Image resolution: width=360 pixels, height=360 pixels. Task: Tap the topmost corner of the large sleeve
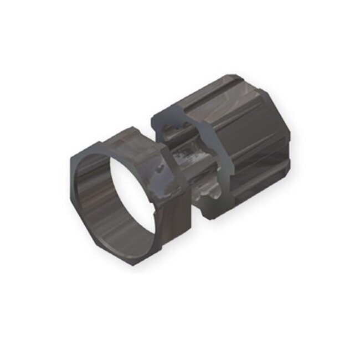244,72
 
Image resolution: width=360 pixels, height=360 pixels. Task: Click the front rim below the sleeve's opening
205,199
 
